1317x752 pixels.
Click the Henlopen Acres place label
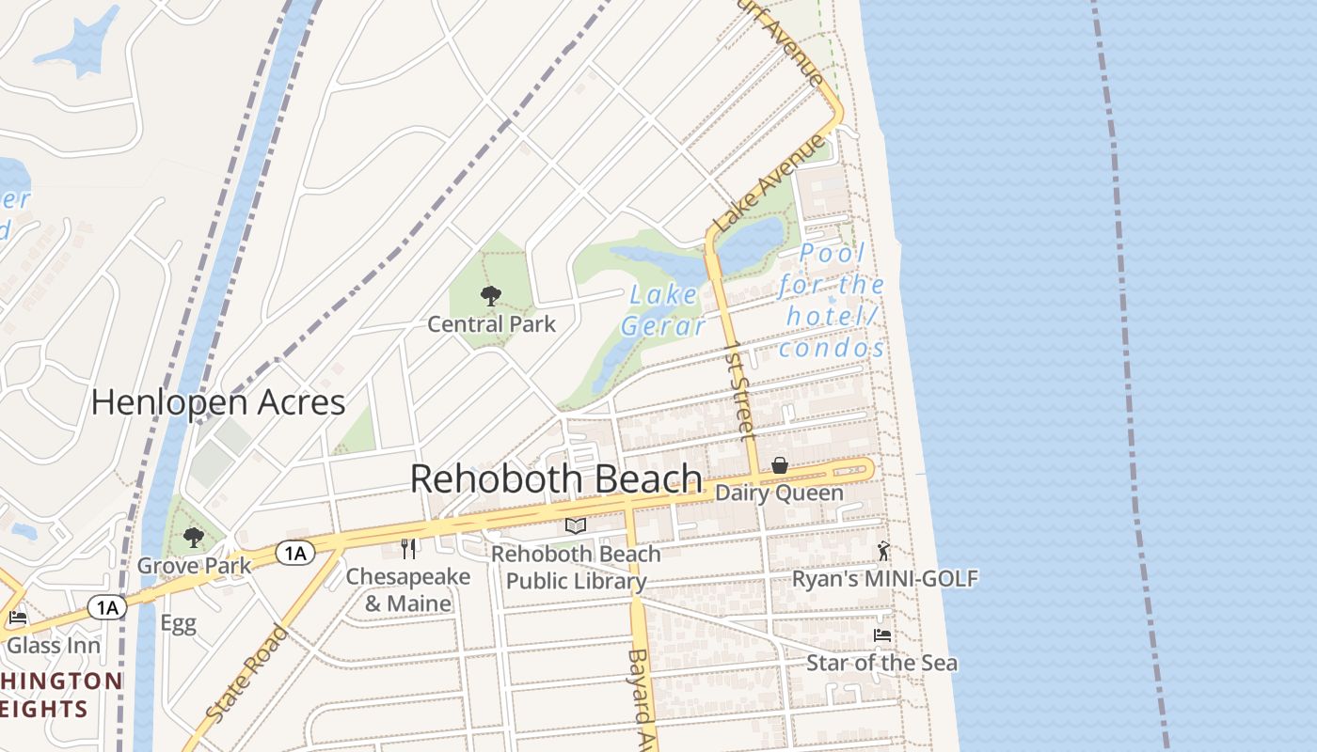[x=218, y=403]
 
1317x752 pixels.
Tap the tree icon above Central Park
[x=490, y=297]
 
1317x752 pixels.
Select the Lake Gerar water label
[x=663, y=310]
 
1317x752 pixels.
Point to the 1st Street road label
[x=740, y=391]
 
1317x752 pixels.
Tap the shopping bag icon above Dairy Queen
[x=780, y=465]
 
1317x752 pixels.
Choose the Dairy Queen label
[x=779, y=493]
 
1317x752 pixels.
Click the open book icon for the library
[x=576, y=526]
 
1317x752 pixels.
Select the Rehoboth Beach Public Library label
[x=576, y=568]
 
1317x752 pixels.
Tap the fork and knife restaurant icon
[x=408, y=549]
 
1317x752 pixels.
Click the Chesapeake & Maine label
[x=408, y=589]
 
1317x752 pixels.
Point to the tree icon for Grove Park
[x=194, y=538]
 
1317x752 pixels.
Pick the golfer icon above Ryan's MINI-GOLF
[x=882, y=551]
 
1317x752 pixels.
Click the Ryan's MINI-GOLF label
[x=884, y=578]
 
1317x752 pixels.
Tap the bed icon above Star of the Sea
[x=882, y=635]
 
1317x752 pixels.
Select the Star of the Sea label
[x=881, y=663]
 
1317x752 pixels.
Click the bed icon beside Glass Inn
[x=17, y=618]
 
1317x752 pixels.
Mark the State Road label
[x=246, y=674]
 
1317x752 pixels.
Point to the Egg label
[x=178, y=623]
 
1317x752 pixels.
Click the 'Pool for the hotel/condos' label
[x=832, y=301]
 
